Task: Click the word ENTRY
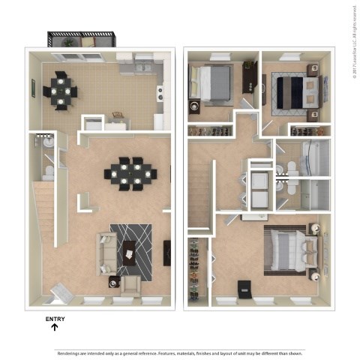coord(55,319)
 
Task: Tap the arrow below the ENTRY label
coord(55,328)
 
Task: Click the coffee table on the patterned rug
coord(132,253)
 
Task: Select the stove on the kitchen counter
coord(159,93)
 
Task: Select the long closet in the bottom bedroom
coord(196,269)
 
